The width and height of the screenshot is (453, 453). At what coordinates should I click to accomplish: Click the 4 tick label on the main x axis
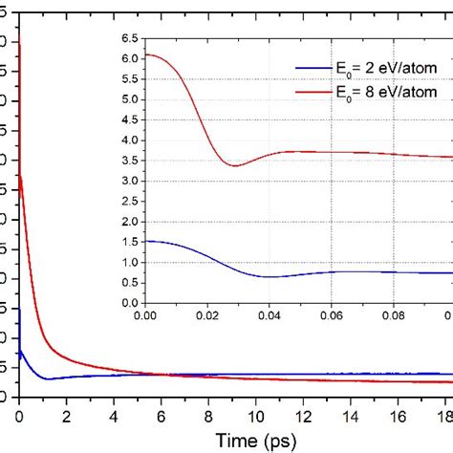[x=114, y=416]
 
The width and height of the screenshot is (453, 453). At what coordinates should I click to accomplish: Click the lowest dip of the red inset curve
[x=235, y=165]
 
